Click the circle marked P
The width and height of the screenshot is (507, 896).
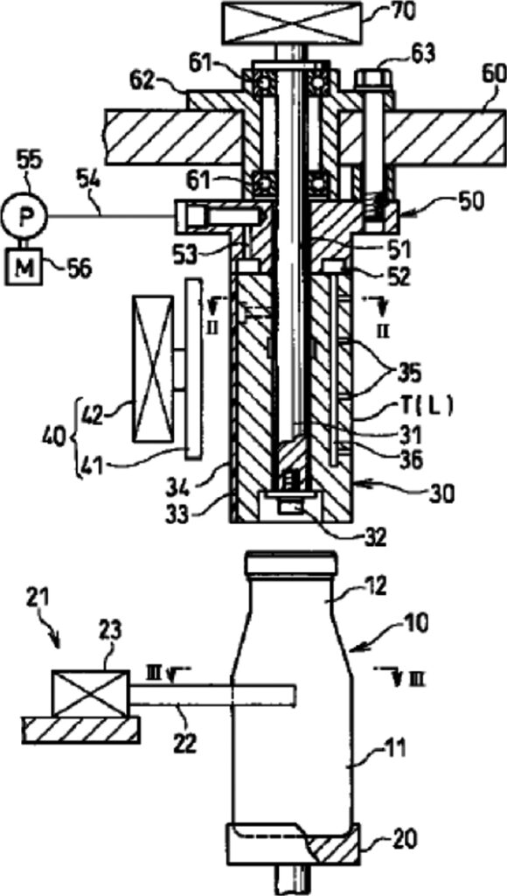pyautogui.click(x=24, y=216)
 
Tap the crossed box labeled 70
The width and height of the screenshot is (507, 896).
pyautogui.click(x=294, y=23)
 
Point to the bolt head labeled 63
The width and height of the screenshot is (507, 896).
pyautogui.click(x=374, y=77)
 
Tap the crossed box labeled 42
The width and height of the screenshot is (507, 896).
pyautogui.click(x=152, y=369)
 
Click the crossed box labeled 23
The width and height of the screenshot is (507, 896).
pyautogui.click(x=89, y=693)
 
